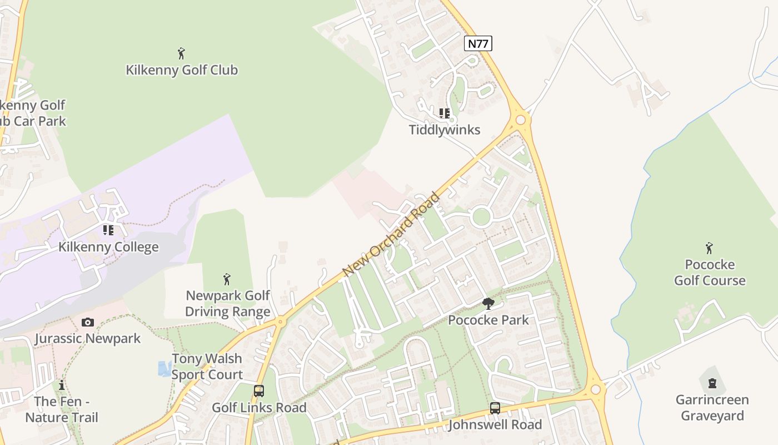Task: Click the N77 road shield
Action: coord(478,43)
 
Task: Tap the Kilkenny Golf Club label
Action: coord(182,70)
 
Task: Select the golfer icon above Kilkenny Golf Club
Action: coord(181,53)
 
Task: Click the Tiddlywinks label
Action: coord(445,130)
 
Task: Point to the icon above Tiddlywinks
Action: coord(445,113)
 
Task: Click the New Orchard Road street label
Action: coord(392,234)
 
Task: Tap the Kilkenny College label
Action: coord(108,247)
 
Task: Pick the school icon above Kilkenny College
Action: coord(108,230)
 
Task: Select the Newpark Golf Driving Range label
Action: coord(227,303)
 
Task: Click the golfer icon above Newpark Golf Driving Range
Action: coord(227,279)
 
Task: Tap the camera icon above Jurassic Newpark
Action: coord(88,322)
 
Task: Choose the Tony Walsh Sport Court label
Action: coord(207,367)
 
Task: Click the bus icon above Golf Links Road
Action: coord(259,391)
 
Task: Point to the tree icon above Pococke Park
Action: coord(488,304)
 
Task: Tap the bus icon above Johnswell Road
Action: coord(495,408)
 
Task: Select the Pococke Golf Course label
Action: coord(710,273)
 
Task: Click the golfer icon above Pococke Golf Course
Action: coord(709,248)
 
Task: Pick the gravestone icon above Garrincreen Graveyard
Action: coord(712,383)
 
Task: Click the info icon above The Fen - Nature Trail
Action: coord(62,385)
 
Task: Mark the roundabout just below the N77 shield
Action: coord(521,119)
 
